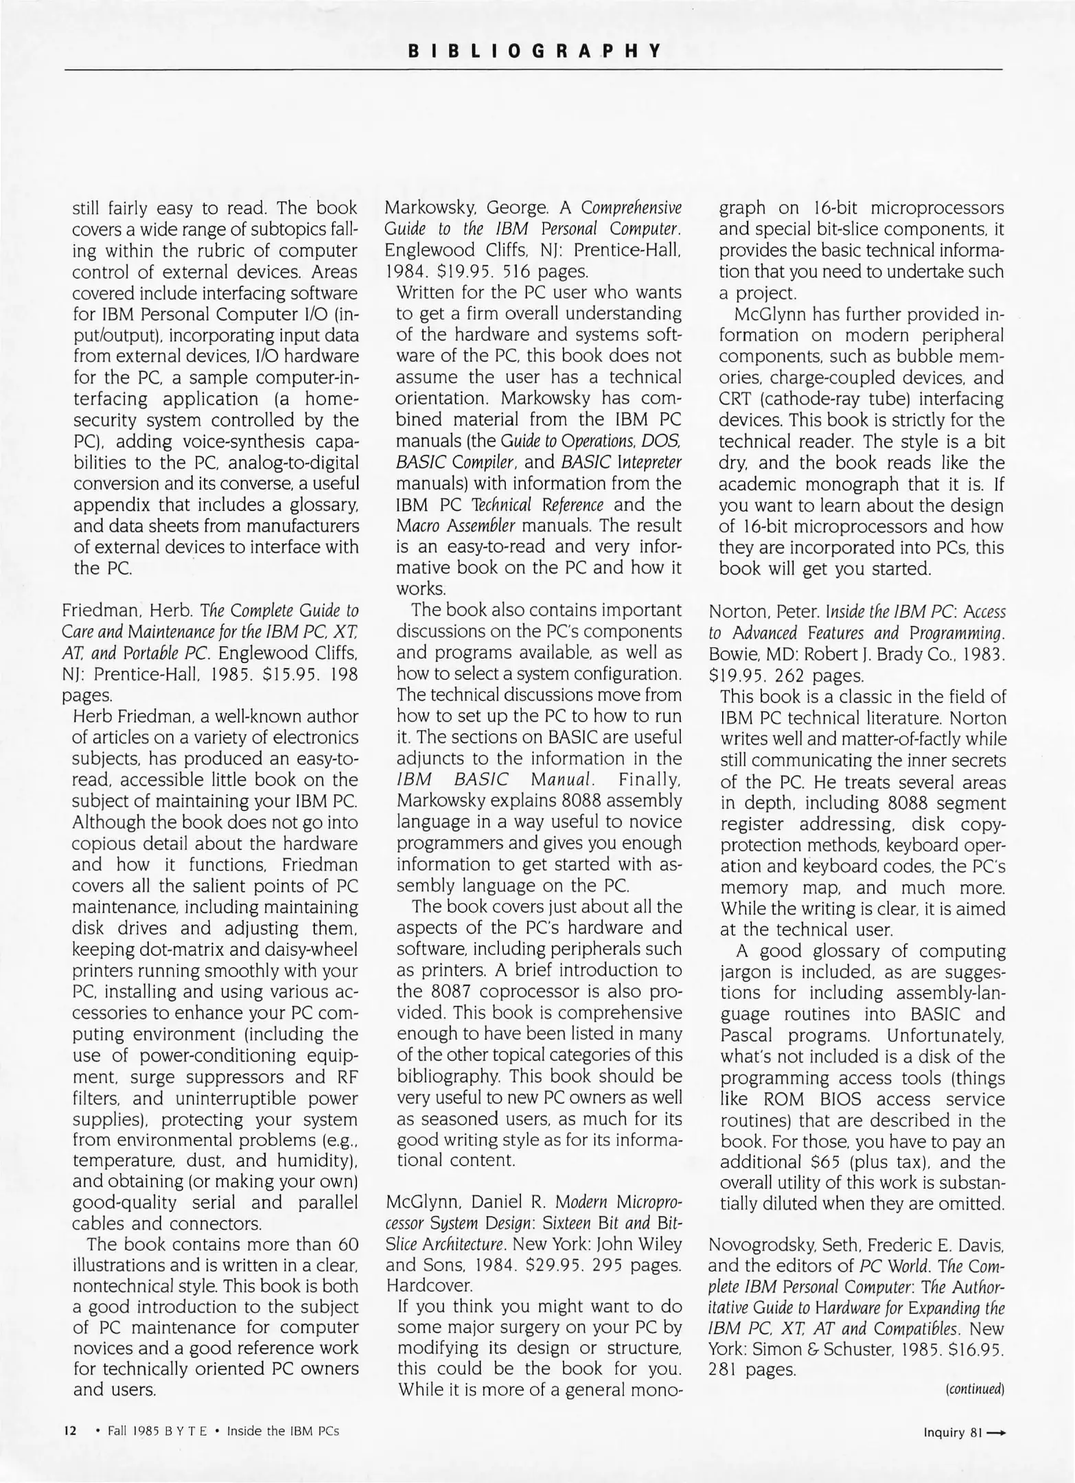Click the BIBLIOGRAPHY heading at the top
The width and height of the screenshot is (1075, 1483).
click(x=535, y=51)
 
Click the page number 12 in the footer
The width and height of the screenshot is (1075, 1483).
click(x=69, y=1431)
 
